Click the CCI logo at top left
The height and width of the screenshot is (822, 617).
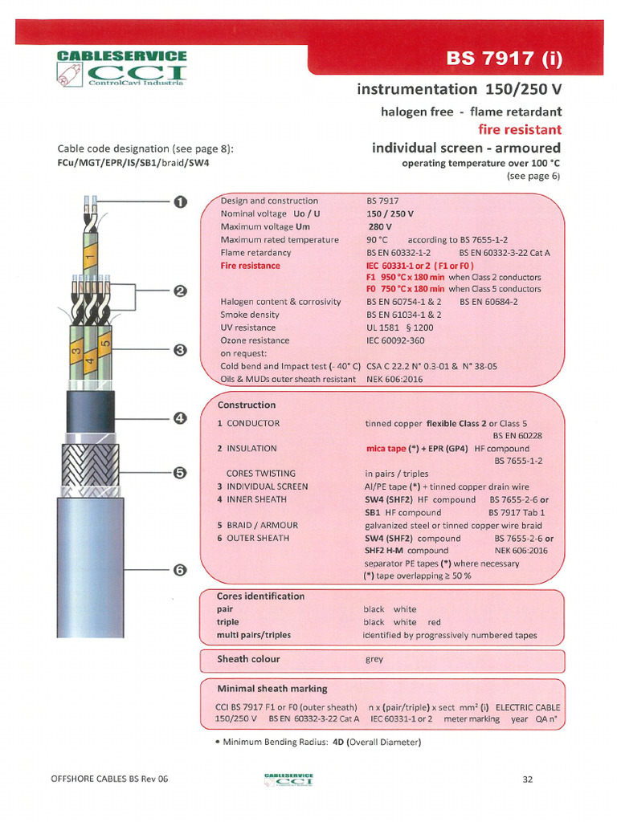pyautogui.click(x=121, y=70)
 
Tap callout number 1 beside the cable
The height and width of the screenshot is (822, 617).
pyautogui.click(x=181, y=201)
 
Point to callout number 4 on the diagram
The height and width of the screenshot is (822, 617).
pyautogui.click(x=181, y=417)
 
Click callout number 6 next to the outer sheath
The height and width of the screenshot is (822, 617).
pyautogui.click(x=181, y=570)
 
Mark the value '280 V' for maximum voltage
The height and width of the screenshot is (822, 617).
pyautogui.click(x=379, y=226)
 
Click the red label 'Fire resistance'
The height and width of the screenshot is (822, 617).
pyautogui.click(x=250, y=266)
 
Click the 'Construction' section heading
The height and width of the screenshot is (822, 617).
pyautogui.click(x=246, y=405)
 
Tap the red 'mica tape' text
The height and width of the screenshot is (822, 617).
pyautogui.click(x=385, y=449)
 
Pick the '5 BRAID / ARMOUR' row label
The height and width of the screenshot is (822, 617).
pyautogui.click(x=257, y=525)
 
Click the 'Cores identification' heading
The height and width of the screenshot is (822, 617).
pyautogui.click(x=260, y=596)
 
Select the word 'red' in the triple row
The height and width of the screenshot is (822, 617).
pyautogui.click(x=434, y=622)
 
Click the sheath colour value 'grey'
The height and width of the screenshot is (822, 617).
pyautogui.click(x=374, y=659)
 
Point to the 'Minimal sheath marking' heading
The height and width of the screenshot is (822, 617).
pyautogui.click(x=272, y=689)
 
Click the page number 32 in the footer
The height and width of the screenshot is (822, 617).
pyautogui.click(x=528, y=779)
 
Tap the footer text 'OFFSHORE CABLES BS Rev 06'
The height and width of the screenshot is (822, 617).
pyautogui.click(x=109, y=779)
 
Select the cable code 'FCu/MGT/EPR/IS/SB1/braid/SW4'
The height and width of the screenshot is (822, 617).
pyautogui.click(x=133, y=163)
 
